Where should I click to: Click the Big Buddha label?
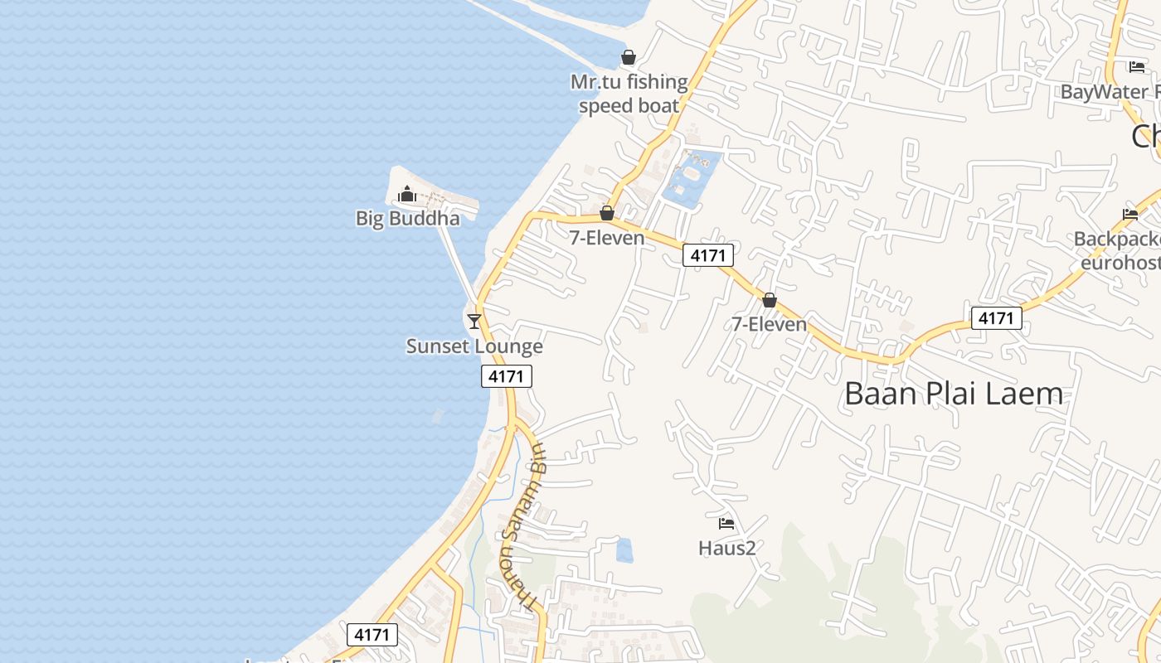[407, 219]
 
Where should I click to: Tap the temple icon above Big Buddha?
[407, 195]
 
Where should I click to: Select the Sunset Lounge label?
[474, 346]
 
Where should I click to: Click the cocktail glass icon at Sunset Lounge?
[474, 321]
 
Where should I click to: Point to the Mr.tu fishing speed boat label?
[629, 94]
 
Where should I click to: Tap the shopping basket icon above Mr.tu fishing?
[629, 57]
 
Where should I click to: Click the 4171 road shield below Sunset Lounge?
[506, 376]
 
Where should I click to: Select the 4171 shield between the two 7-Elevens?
[707, 255]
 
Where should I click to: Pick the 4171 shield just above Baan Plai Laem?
[996, 318]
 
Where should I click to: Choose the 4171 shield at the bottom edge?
[372, 635]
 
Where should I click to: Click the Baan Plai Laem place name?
[954, 394]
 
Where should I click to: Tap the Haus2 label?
[726, 548]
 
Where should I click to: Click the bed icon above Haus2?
[726, 523]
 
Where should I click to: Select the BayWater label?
[1110, 91]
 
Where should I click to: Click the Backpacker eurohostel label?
[1117, 251]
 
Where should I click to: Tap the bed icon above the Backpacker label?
[1130, 214]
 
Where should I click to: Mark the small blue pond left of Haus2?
[624, 550]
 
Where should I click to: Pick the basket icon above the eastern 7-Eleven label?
[770, 300]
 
